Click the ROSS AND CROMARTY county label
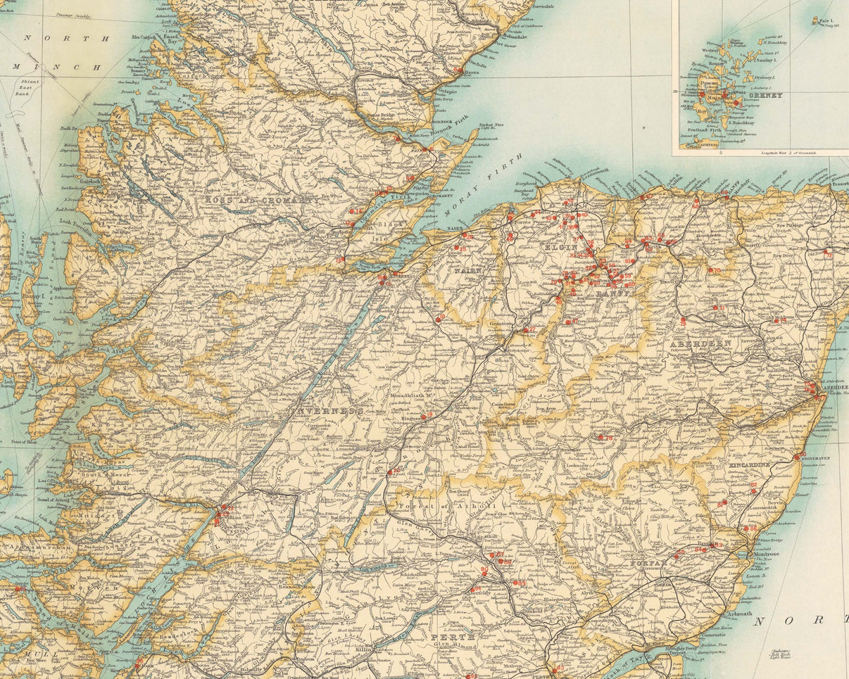point(261,200)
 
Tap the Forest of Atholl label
point(447,507)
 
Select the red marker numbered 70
point(716,270)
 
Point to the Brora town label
point(472,72)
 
